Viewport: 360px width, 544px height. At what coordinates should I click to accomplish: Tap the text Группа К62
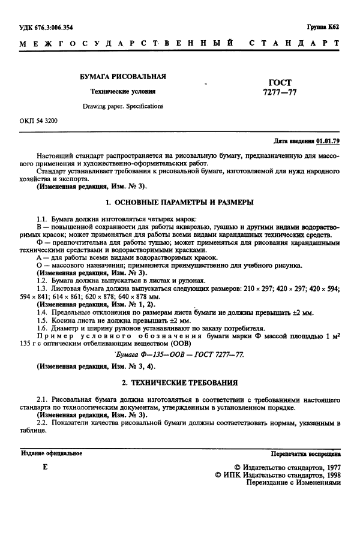324,28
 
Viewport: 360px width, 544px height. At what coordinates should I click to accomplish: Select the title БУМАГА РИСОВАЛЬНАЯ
123,77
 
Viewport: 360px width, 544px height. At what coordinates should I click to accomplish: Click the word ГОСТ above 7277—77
277,82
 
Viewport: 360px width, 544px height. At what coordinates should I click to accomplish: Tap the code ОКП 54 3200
38,121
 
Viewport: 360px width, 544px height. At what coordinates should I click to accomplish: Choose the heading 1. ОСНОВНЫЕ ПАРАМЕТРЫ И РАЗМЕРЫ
179,202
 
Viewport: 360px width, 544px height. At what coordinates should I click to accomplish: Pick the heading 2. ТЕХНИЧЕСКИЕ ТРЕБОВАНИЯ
179,382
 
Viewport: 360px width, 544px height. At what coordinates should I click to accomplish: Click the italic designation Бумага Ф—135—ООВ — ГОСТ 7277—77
180,355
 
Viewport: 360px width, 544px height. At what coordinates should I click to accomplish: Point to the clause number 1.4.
41,312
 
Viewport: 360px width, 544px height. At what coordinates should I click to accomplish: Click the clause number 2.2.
41,423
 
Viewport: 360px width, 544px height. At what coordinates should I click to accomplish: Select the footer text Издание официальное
52,453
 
